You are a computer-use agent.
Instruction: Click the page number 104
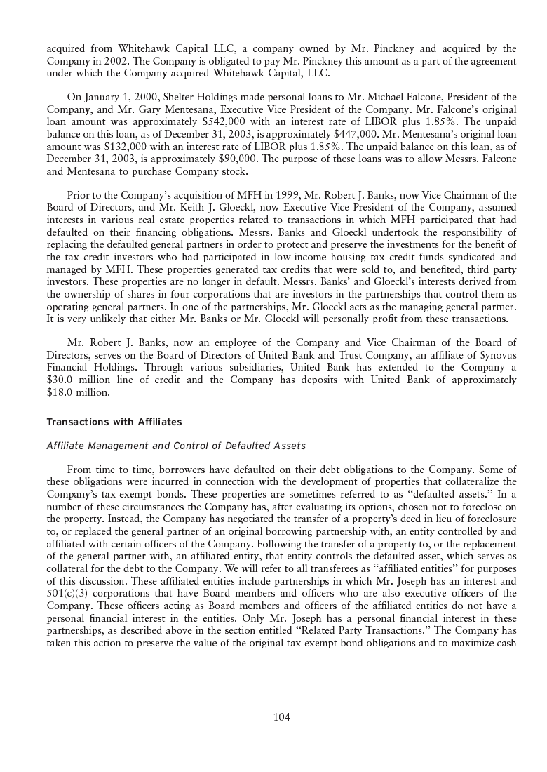coord(282,717)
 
